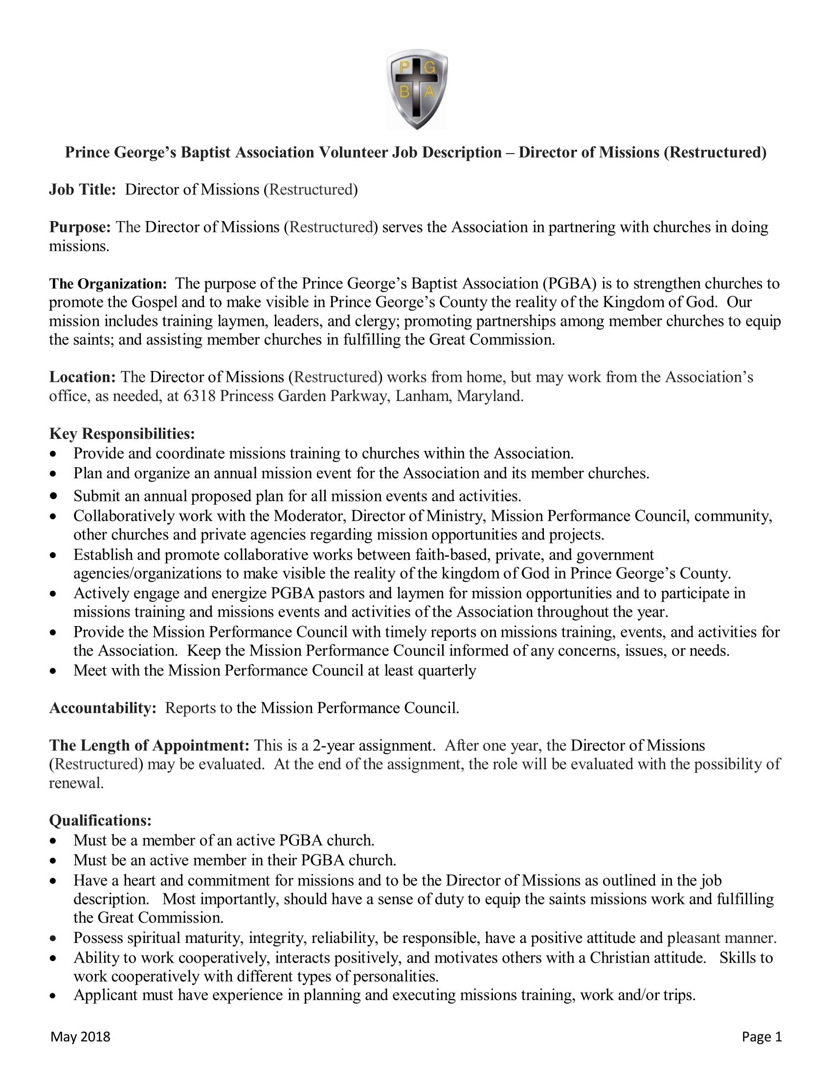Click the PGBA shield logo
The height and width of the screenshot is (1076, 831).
tap(417, 89)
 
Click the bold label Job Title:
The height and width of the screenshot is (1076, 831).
tap(82, 190)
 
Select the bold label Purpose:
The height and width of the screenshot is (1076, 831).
tap(80, 227)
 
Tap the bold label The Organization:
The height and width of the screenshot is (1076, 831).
tap(109, 284)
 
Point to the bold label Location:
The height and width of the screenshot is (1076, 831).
tap(82, 377)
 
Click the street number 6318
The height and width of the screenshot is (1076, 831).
tap(199, 396)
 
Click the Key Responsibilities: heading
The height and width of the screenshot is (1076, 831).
tap(122, 433)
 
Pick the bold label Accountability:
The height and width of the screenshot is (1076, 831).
tap(102, 708)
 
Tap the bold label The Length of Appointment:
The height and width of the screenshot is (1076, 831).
tap(149, 745)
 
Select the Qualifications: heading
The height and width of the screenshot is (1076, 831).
tap(100, 820)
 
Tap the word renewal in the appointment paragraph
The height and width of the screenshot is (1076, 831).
tap(76, 783)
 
